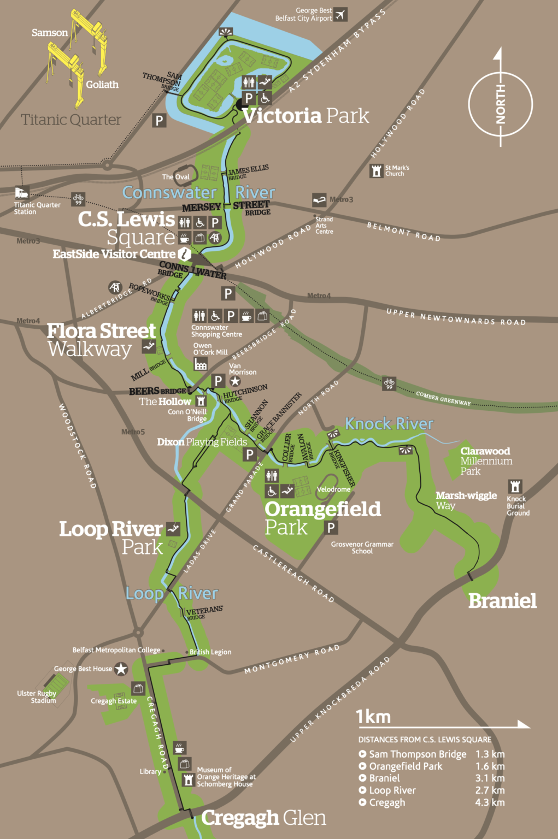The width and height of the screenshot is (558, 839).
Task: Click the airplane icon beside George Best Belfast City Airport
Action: [340, 14]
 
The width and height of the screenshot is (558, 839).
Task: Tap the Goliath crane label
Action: [102, 85]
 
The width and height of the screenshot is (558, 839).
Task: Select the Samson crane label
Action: [50, 33]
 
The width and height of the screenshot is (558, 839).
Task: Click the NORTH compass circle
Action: [500, 104]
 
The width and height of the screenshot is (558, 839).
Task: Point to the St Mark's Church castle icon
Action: [376, 170]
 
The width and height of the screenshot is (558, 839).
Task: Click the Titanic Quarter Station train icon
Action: [21, 192]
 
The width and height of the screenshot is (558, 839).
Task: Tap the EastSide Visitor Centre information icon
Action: [185, 254]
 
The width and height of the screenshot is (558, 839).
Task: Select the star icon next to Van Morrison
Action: [235, 381]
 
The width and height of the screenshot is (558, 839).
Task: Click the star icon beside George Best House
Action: [121, 669]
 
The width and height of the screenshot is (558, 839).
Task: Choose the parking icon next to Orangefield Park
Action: [331, 527]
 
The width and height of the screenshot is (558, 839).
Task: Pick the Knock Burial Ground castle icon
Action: [515, 486]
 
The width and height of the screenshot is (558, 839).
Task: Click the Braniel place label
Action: [502, 601]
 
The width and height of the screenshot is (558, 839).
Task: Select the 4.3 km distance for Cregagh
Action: [490, 802]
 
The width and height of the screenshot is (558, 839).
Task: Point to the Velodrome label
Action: [333, 489]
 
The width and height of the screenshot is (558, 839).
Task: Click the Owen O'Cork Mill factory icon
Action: [201, 364]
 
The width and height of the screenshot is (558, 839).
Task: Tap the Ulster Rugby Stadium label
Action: [37, 697]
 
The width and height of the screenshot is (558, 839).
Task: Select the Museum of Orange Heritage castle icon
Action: [188, 779]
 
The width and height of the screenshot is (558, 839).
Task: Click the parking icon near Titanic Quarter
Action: [159, 120]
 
